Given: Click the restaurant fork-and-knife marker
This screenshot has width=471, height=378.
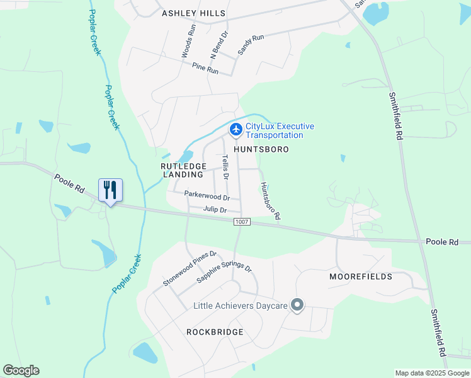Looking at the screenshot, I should point(110,190).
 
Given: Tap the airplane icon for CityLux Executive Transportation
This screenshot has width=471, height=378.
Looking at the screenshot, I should point(235,130).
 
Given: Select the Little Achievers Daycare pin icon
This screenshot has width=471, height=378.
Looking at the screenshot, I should point(298,306).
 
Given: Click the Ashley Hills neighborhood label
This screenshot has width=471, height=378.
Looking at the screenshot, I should point(193,13).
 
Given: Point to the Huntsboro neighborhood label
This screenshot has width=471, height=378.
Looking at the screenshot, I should point(261,150).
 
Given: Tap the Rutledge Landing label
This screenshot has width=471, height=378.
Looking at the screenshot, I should point(183,170).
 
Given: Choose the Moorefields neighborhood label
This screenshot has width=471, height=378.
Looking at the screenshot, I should point(361,277).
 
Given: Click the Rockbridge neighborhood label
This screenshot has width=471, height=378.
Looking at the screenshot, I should point(215,331).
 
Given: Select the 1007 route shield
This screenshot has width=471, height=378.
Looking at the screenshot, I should point(241,222).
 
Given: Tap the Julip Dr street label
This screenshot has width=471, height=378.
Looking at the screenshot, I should point(214,209).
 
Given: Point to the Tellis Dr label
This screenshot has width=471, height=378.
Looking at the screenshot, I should point(224,169).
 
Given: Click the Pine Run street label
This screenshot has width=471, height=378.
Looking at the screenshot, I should point(205,68).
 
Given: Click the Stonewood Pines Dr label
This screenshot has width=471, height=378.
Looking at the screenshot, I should point(190,269).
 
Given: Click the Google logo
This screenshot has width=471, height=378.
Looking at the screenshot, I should point(21,370).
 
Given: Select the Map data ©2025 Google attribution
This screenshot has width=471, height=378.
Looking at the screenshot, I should point(431,373).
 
